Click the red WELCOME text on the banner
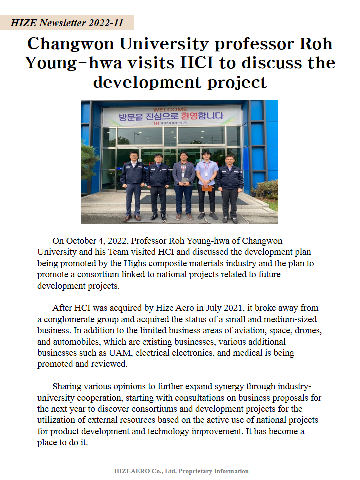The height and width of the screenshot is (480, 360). click(170, 109)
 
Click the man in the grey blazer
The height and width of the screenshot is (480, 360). click(184, 185)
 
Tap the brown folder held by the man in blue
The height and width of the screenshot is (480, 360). click(207, 188)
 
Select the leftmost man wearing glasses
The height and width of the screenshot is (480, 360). click(133, 185)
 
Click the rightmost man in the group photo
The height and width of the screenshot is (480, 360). click(230, 187)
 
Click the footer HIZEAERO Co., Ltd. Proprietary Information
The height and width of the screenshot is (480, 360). click(181, 471)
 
